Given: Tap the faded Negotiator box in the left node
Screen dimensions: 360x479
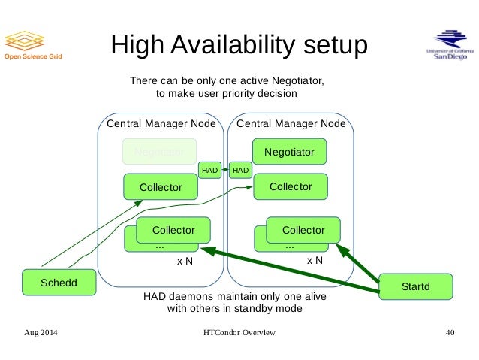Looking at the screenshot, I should click(159, 152).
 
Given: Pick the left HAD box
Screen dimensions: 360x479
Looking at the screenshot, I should click(209, 171).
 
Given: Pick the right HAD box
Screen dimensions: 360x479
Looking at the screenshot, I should click(241, 171).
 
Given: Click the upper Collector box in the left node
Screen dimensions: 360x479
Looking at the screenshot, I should click(161, 187).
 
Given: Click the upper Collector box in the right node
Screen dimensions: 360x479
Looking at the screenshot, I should click(291, 186).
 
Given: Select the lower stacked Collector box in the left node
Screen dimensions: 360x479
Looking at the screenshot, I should click(173, 230).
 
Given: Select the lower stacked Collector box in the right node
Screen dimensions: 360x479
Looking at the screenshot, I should click(303, 230).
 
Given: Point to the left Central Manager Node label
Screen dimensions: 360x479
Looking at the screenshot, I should click(162, 123).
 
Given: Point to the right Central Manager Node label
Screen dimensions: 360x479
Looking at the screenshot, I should click(291, 123).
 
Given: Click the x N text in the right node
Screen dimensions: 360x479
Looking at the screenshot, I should click(315, 261).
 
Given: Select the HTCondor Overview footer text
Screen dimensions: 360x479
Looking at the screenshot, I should click(239, 332).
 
